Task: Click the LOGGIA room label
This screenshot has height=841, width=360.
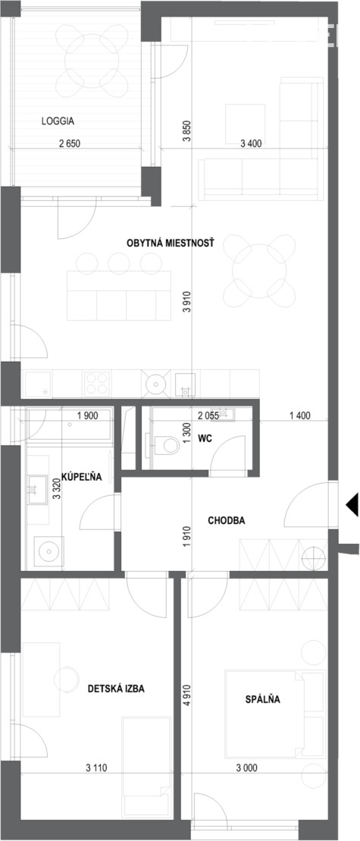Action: click(58, 121)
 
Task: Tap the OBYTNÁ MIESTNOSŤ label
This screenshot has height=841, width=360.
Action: click(170, 243)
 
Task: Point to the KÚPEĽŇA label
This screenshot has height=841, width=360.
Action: click(81, 476)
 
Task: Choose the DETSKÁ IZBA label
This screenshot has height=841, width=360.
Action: click(116, 689)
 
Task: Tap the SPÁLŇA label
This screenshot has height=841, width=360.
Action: click(262, 699)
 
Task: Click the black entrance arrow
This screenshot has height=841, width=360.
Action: click(352, 505)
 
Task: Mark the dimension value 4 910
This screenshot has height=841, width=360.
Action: click(186, 696)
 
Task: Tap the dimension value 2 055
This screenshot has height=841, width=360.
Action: click(208, 415)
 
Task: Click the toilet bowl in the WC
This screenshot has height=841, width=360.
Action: click(167, 445)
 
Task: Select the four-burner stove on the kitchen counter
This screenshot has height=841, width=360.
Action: click(97, 384)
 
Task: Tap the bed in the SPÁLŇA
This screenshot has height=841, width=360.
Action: click(275, 714)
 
